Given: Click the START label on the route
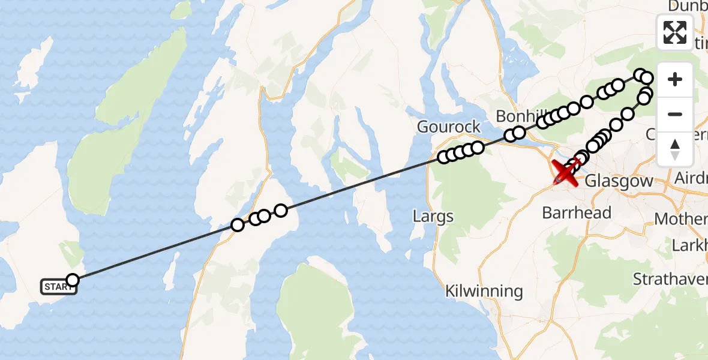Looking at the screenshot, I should click(x=58, y=287).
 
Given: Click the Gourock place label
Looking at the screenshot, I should click(x=449, y=127).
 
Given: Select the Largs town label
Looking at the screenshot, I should click(x=433, y=215).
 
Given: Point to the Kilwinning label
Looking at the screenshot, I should click(x=484, y=292).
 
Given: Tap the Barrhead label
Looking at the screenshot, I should click(x=577, y=212).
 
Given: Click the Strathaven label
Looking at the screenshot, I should click(x=671, y=278).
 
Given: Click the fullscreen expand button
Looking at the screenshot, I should click(x=675, y=32).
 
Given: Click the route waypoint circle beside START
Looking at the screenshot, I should click(x=73, y=280).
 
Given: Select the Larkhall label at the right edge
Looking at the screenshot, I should click(x=690, y=245).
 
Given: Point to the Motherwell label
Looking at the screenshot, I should click(x=681, y=218).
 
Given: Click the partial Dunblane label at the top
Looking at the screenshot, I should click(x=689, y=6).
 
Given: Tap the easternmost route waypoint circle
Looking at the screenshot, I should click(x=647, y=78).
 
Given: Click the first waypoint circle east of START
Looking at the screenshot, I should click(x=238, y=225).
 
